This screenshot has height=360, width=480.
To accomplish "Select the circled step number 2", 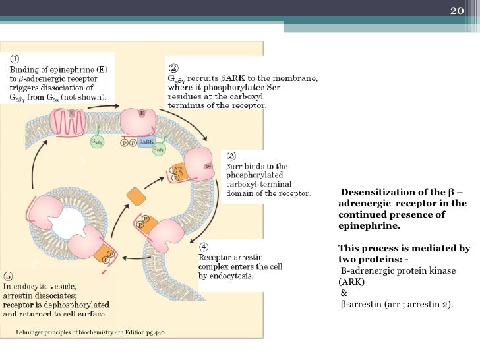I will [x=173, y=67].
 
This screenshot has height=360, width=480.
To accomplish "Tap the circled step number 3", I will [x=231, y=156].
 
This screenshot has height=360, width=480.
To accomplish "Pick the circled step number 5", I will [x=8, y=276].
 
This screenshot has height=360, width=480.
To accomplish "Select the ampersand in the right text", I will [x=343, y=292].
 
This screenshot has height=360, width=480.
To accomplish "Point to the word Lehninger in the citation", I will [x=32, y=333].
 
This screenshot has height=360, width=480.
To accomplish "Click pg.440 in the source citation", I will [x=153, y=333].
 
